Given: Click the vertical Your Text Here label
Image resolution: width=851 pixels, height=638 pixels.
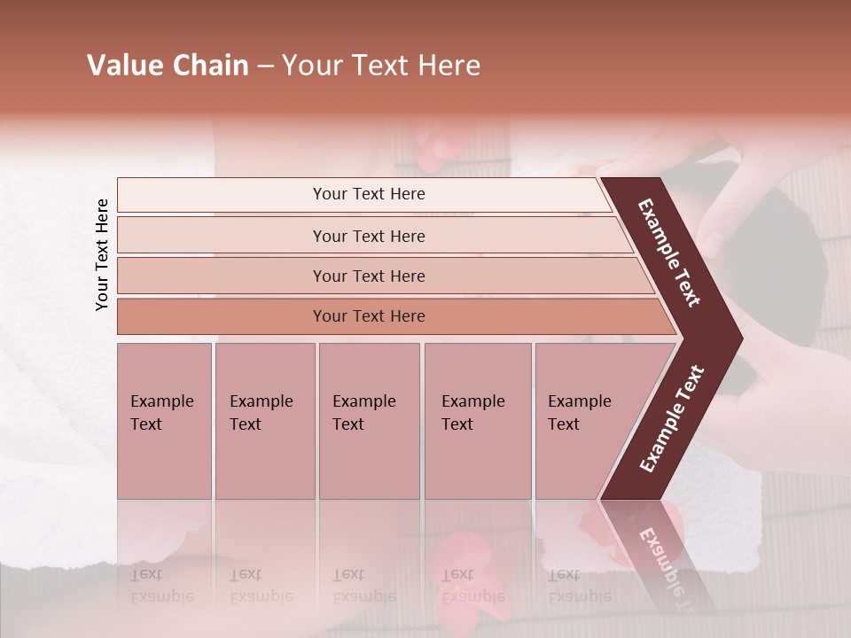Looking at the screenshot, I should [102, 254].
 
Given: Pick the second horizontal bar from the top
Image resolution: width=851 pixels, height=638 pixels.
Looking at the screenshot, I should [368, 236].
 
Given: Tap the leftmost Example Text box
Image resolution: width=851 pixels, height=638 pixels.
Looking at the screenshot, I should [164, 421].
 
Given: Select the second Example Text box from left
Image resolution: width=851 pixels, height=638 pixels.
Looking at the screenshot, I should [264, 421].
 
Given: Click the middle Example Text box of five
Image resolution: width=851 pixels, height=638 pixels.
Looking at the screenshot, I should [369, 421].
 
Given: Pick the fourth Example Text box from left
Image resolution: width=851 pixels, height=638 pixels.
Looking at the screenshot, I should [477, 421].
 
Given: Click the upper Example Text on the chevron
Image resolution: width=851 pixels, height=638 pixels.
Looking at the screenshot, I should [670, 253].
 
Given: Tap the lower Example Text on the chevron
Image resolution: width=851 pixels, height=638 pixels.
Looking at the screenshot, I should [672, 419].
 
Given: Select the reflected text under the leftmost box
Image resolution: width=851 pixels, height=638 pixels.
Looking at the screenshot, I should [162, 586].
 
